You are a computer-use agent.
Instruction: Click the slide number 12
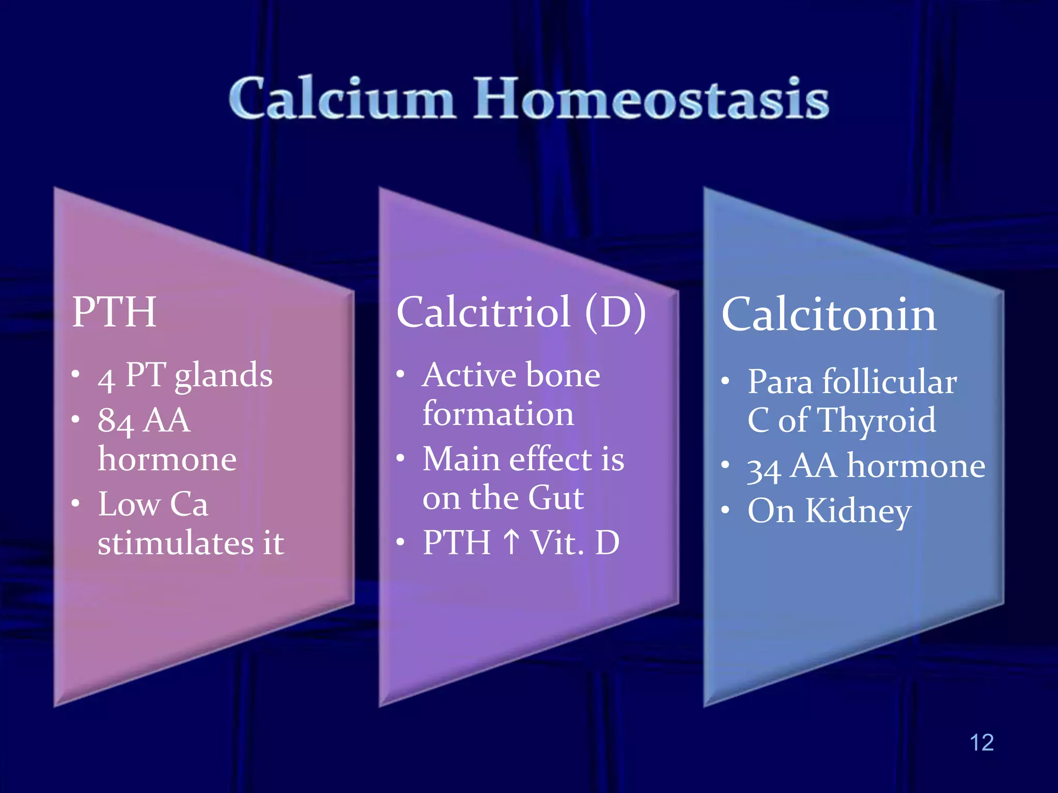(x=981, y=742)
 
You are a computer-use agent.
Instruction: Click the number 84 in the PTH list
(x=116, y=421)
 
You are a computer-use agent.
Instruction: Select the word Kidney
(x=858, y=511)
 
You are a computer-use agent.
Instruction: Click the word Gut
(x=556, y=498)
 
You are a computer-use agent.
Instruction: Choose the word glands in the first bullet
(x=223, y=376)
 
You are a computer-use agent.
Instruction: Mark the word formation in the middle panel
(x=498, y=414)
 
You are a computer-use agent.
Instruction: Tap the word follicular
(x=889, y=382)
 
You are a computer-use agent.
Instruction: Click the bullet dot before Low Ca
(x=76, y=503)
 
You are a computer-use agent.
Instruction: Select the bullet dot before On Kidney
(x=725, y=511)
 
